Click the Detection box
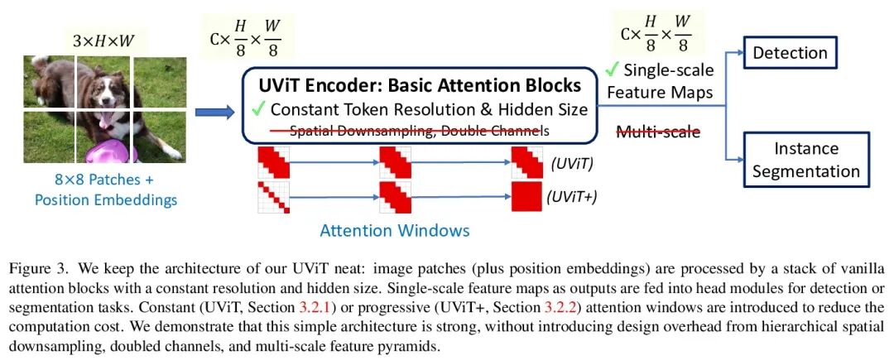click(x=790, y=54)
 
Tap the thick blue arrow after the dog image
click(x=219, y=111)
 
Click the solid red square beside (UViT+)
click(x=526, y=196)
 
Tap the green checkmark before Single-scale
click(x=612, y=70)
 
